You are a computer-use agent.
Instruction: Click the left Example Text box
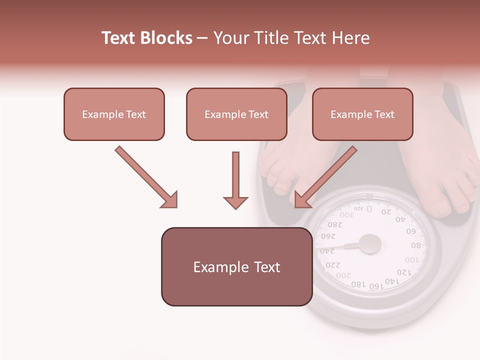click(x=114, y=114)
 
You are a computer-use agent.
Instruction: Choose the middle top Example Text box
click(x=236, y=114)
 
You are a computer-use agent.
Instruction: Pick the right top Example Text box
click(x=362, y=114)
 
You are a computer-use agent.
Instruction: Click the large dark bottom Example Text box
click(x=236, y=266)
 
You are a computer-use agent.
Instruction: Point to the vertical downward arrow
click(x=235, y=180)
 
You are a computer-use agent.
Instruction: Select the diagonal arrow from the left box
click(x=146, y=177)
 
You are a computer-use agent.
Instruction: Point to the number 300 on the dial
click(x=347, y=214)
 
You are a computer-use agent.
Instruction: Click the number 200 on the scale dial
click(x=343, y=275)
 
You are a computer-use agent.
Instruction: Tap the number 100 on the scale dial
click(x=412, y=260)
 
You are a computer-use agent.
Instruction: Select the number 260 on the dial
click(x=328, y=236)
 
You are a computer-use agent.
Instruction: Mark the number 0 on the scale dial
click(x=369, y=208)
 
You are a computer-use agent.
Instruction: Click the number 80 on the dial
click(x=416, y=245)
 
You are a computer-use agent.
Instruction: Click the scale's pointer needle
click(x=340, y=246)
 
